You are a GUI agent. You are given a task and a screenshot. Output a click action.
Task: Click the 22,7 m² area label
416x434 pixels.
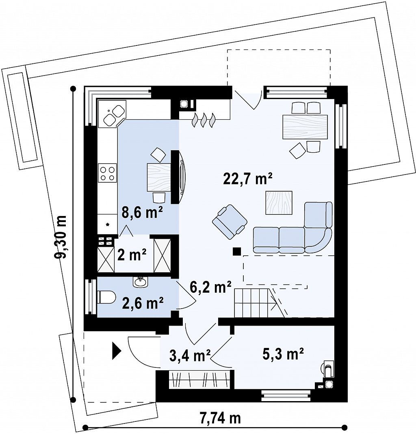point(247,179)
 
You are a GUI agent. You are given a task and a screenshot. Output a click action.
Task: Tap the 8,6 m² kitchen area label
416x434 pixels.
point(142,213)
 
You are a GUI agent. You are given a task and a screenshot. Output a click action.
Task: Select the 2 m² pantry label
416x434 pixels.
point(132,255)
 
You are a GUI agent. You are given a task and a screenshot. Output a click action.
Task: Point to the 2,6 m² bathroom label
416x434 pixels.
point(143,303)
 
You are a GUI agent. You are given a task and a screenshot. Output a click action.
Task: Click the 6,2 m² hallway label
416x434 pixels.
point(210,287)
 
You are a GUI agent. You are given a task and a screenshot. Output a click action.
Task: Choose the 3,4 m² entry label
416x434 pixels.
point(190,355)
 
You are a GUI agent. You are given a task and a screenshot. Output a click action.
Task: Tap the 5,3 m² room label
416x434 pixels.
point(283,354)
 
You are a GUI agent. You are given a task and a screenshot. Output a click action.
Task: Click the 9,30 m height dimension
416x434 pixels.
point(61,237)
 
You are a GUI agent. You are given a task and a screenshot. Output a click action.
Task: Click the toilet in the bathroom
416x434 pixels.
point(106,297)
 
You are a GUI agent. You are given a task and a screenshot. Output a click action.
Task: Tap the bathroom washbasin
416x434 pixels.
point(141,282)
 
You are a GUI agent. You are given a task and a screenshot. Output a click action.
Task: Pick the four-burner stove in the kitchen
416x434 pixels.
point(107,173)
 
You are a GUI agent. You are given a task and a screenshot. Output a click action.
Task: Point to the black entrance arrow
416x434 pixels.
point(117,351)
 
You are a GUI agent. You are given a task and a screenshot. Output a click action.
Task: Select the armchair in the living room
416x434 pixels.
point(230,222)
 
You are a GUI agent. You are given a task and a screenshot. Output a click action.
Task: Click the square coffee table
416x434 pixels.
point(279,203)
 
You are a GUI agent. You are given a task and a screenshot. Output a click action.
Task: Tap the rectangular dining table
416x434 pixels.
point(305,127)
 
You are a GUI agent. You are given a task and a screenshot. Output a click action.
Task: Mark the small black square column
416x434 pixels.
point(237,251)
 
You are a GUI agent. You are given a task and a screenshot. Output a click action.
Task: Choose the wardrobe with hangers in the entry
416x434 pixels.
point(200,379)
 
